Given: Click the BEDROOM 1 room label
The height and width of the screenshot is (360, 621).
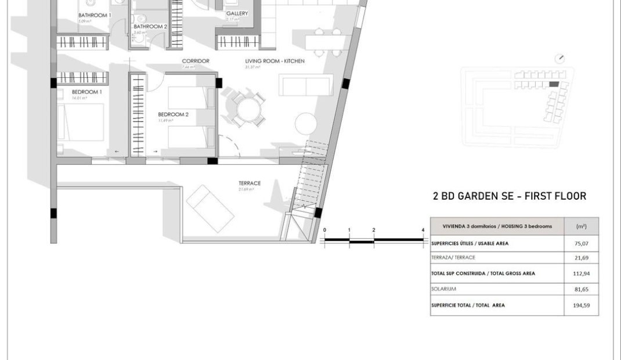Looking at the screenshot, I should pos(87,92).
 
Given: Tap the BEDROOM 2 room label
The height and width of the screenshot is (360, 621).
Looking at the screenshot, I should pos(174,114).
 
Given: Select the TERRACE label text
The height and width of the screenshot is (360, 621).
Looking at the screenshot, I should pos(250,183).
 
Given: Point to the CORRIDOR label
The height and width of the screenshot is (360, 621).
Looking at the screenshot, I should pos(196,61).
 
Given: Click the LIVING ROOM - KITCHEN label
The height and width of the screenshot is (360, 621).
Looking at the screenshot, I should pos(275,61).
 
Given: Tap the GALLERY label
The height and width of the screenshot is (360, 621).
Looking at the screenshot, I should pos(237,13).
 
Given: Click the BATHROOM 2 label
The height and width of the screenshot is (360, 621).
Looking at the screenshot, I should pos(150,26).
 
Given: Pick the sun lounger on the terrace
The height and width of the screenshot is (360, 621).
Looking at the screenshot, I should pos(210,207).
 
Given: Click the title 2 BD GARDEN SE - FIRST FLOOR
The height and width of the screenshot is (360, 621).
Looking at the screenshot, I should pos(510,196).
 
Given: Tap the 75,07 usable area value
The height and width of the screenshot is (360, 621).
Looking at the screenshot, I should pos(581,244).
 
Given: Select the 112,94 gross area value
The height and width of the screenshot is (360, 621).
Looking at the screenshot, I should pos(581,273).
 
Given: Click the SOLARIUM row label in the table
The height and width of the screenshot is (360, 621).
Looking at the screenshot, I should pos(443,289).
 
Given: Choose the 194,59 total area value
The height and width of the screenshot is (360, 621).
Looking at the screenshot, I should pos(581,305).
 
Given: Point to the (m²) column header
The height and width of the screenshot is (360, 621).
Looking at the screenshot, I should pos(581,226).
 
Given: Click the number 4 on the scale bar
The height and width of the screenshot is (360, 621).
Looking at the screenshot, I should pos(423,231).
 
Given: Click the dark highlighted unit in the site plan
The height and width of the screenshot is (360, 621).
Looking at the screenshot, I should pos(554,85).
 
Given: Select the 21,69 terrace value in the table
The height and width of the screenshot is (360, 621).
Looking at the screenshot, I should pos(581,258).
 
